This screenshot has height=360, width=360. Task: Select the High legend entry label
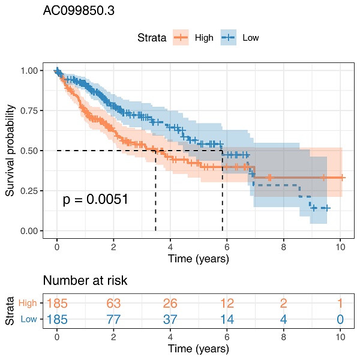[204, 38]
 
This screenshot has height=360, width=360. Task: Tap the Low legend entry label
[251, 38]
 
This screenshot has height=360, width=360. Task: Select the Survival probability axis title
[10, 151]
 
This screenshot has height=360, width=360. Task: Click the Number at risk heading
[85, 280]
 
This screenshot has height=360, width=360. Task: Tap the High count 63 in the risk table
[114, 304]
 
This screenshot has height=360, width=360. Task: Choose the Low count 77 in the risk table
[114, 319]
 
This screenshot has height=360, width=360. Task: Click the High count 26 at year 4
[170, 304]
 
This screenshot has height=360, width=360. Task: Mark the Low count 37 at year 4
[170, 319]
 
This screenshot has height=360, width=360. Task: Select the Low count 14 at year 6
[227, 319]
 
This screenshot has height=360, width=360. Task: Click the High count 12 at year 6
[227, 304]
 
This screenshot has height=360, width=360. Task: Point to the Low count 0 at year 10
[340, 319]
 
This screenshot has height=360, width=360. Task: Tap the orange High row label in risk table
[28, 304]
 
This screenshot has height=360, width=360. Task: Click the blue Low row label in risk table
[29, 319]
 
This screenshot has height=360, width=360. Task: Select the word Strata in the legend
[151, 38]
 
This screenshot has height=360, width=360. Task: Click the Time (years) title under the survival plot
[199, 259]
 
